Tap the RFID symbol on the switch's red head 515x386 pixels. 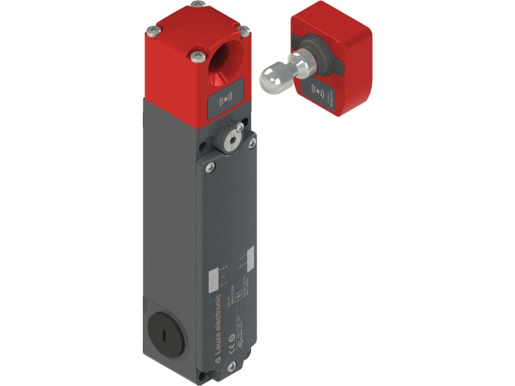pos(225,100)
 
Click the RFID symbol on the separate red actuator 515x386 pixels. pos(318,89)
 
